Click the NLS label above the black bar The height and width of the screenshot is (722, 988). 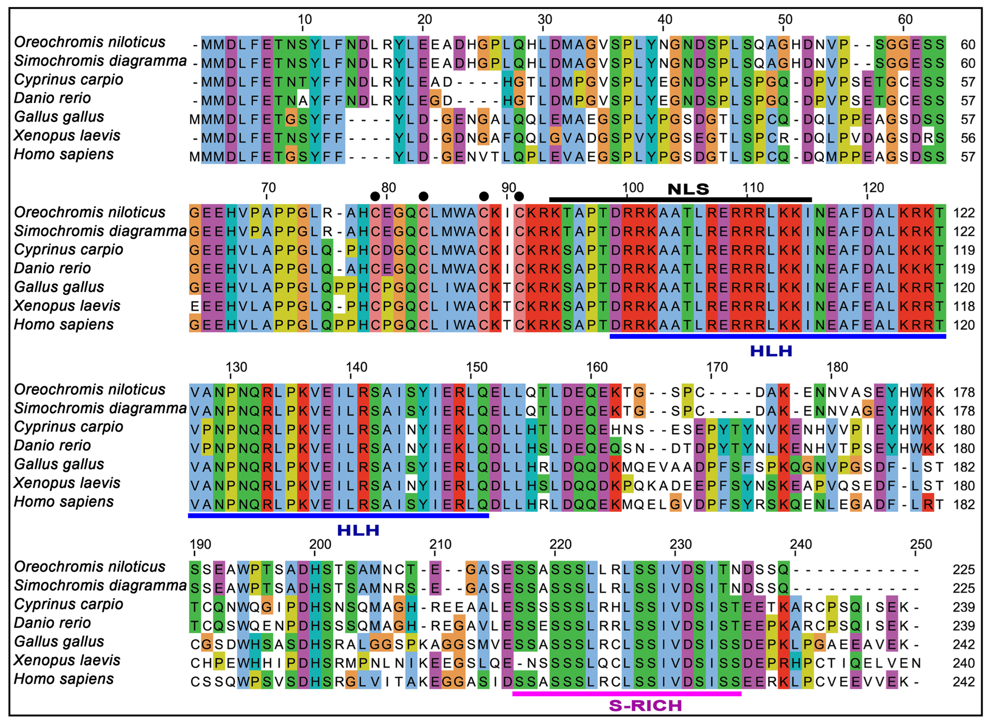[x=688, y=189]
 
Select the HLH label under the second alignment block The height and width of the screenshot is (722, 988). [x=771, y=351]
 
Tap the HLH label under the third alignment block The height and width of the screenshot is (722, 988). [x=358, y=530]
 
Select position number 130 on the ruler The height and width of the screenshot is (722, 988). [x=237, y=367]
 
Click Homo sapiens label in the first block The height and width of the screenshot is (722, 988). [x=64, y=154]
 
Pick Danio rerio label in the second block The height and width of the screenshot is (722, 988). [x=52, y=268]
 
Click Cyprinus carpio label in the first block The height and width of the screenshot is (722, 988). [x=69, y=80]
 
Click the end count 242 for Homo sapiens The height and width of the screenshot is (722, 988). [x=964, y=682]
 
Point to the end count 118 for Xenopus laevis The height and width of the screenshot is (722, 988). [x=964, y=306]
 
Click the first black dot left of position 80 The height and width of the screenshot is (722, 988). [x=374, y=196]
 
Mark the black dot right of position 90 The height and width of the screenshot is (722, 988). [x=519, y=196]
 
